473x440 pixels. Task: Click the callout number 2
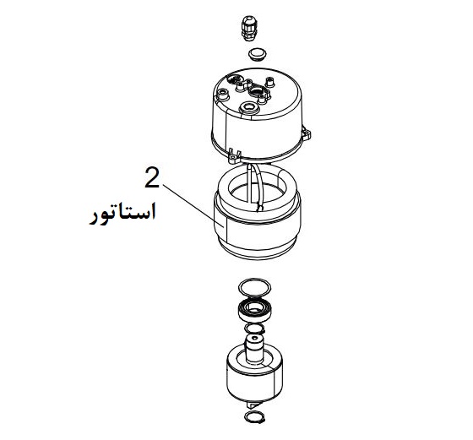coord(152,178)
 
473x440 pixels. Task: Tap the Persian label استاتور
coord(122,214)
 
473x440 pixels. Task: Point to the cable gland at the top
coord(249,29)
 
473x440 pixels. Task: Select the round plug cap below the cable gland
coord(258,55)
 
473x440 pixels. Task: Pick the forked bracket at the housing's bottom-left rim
coord(235,155)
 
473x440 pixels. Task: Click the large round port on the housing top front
coord(248,107)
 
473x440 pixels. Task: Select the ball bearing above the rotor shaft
coord(256,311)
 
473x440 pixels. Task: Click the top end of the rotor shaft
coord(254,338)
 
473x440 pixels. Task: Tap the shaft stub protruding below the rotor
coord(253,405)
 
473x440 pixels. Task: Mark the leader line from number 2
coord(193,206)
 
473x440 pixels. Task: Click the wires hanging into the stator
coord(255,187)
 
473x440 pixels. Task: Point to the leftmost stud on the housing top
coord(224,94)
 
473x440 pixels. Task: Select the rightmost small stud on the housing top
coord(269,81)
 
